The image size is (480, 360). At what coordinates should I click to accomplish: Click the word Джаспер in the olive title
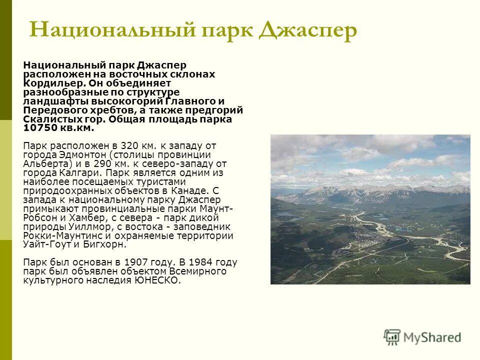pyautogui.click(x=308, y=30)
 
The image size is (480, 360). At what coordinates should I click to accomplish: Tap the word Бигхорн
pyautogui.click(x=107, y=245)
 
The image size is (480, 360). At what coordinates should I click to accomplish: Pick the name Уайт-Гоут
pyautogui.click(x=47, y=245)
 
